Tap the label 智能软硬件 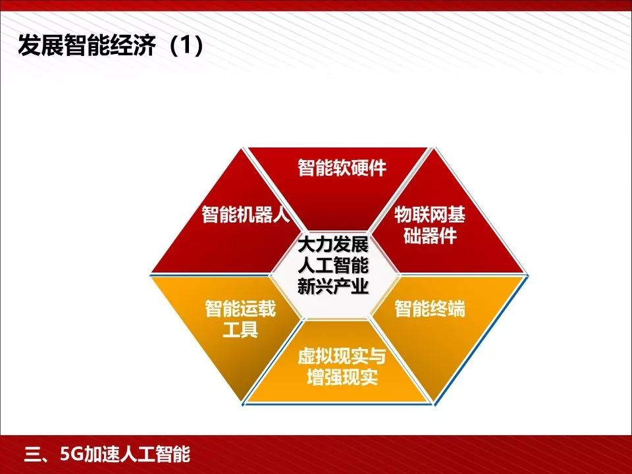click(x=342, y=168)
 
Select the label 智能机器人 click(x=246, y=215)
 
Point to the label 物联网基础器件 click(x=429, y=224)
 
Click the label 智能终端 click(x=429, y=308)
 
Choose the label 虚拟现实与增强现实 click(x=342, y=367)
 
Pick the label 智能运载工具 click(x=240, y=318)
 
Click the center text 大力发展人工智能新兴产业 click(x=332, y=267)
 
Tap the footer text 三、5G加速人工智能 click(x=107, y=454)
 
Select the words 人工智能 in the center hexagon click(x=332, y=267)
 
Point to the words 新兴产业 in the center click(x=332, y=288)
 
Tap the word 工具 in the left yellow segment click(x=240, y=329)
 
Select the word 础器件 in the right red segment click(x=429, y=236)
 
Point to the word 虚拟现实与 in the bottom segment click(x=342, y=356)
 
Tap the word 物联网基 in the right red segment click(x=429, y=214)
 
